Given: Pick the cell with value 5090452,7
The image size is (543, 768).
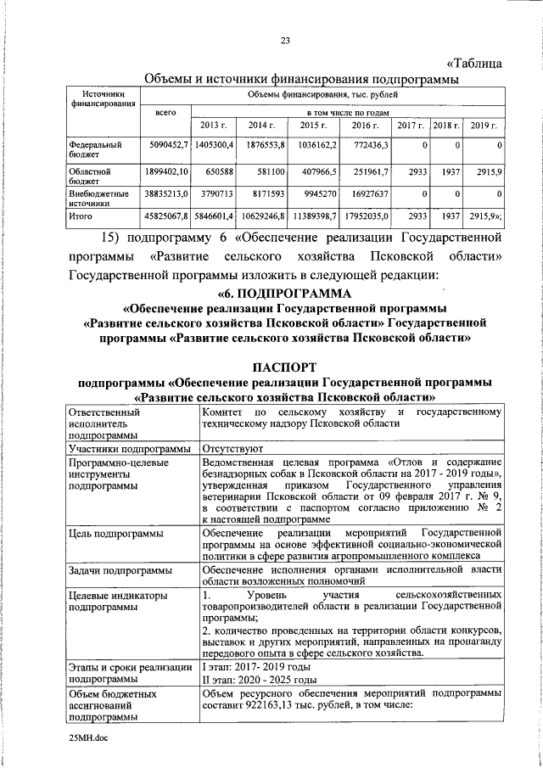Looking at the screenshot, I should (x=166, y=146).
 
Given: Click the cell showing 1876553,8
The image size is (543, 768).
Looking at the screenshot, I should (x=265, y=146).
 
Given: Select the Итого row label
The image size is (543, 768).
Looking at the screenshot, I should (x=80, y=217).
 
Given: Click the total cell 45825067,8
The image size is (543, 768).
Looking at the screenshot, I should (x=166, y=217).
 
